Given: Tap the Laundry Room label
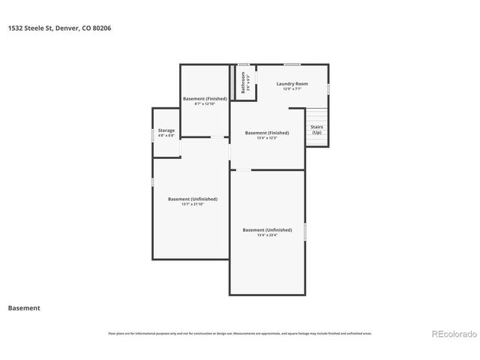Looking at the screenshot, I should [292, 83].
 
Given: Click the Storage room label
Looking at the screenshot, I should [166, 130].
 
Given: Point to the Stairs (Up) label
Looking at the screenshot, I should [317, 130].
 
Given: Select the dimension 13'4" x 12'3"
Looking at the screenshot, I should [267, 138].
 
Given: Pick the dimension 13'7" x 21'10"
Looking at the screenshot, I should [193, 204].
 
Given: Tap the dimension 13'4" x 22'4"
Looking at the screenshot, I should [267, 235].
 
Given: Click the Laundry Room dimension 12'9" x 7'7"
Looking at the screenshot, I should [292, 88].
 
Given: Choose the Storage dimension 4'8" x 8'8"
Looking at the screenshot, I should [166, 136].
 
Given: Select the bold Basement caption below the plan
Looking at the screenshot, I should [24, 308].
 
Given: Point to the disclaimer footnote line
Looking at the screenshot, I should [240, 333].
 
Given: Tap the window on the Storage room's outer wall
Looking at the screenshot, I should [153, 133].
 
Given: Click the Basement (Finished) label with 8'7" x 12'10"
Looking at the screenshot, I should [205, 99].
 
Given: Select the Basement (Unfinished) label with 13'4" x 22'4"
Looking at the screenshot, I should [267, 229].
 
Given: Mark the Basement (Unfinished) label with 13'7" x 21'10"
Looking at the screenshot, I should [193, 199].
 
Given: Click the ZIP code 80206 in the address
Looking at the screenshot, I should [104, 28].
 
